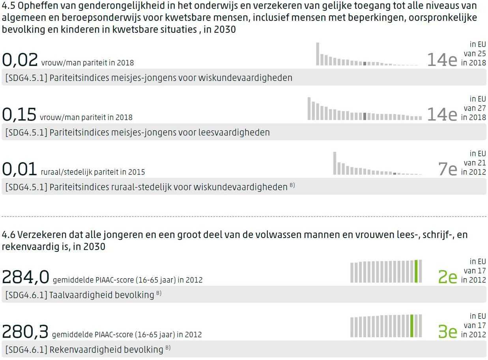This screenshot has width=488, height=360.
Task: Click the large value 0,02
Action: click(20, 60)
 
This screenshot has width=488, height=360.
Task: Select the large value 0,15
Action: click(19, 114)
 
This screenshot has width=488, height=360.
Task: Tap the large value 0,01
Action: click(20, 169)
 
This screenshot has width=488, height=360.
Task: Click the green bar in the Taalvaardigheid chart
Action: click(416, 271)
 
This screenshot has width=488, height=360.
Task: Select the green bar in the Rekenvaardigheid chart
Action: click(411, 326)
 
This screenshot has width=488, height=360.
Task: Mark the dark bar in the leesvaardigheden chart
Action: click(365, 116)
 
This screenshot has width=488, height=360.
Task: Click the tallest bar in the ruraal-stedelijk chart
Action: click(335, 163)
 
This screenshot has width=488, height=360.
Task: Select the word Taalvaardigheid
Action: click(82, 295)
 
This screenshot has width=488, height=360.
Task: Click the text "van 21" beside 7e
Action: click(475, 163)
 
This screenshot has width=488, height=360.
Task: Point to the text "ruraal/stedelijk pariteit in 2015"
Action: click(93, 172)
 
